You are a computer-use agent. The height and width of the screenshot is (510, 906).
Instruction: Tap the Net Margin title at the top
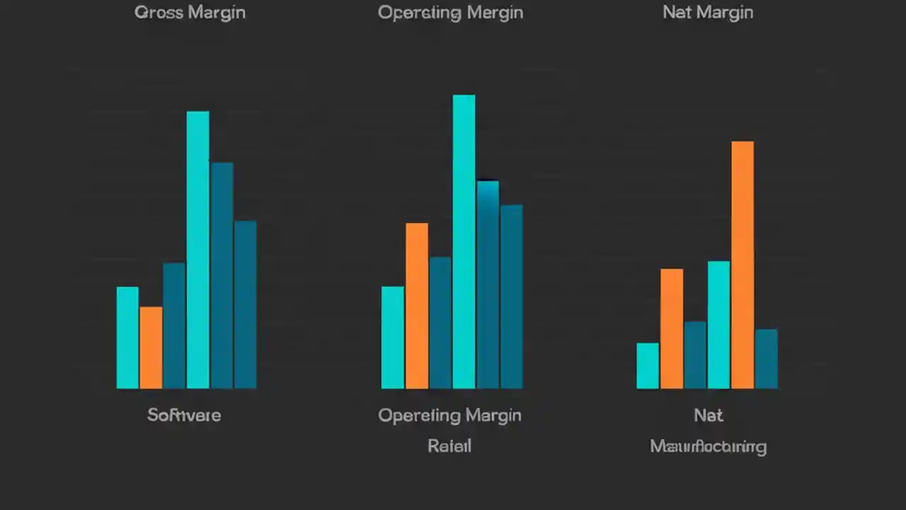coord(708,13)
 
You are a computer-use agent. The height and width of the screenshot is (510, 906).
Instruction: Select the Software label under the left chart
coord(184,415)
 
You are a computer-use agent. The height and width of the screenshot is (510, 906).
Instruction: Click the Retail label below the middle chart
coord(449,446)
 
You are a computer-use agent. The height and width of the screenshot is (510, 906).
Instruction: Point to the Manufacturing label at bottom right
coord(708,447)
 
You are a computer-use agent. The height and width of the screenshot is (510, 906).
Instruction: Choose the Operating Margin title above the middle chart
coord(450,13)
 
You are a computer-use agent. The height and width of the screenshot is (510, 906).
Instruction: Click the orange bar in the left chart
coord(151,347)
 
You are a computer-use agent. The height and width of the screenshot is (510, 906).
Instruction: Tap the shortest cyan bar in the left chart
coord(127,337)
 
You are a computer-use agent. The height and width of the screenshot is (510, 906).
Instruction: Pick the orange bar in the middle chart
coord(417,305)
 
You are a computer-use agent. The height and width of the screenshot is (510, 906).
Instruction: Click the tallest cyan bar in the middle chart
coord(464,241)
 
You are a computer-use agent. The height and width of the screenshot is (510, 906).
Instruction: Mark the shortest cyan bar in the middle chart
coord(393,337)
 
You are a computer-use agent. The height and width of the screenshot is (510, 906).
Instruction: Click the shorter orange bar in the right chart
coord(672,328)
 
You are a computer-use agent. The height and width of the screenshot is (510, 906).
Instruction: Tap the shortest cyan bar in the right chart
coord(648,365)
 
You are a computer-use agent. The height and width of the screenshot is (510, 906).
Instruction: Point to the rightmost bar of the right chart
coord(766,358)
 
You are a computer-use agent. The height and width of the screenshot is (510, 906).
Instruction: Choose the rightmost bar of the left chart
coord(245,305)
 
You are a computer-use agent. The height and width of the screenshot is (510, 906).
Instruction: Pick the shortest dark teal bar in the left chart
coord(174,325)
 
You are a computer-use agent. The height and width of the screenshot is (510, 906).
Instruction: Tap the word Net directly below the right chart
coord(709,416)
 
